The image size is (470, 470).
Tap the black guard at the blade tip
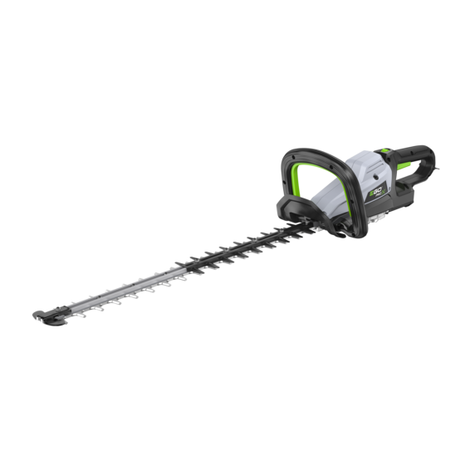45,317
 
